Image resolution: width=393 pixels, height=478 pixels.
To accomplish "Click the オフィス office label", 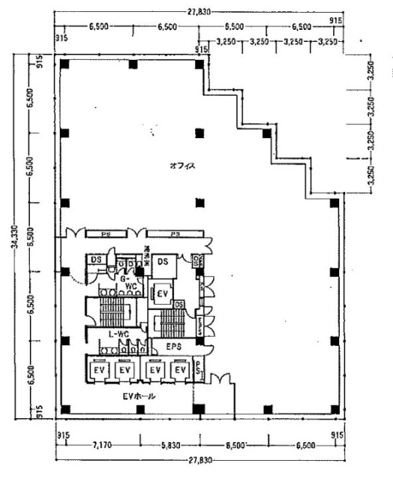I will click(182, 166).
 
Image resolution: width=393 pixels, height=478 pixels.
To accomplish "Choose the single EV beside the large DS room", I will click(162, 293).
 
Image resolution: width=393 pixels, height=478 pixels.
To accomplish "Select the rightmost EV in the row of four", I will click(179, 370).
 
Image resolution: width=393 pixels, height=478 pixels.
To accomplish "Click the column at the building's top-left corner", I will click(65, 65).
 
